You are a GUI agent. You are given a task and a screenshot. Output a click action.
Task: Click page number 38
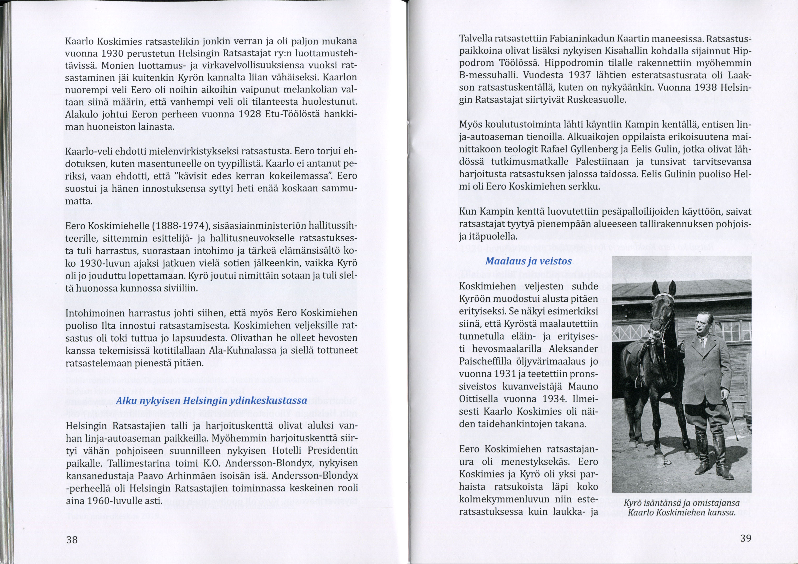click(x=72, y=539)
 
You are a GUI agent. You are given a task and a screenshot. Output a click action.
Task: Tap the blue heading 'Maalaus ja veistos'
click(x=528, y=261)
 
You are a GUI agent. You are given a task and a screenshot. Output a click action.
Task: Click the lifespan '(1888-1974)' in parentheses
click(x=180, y=226)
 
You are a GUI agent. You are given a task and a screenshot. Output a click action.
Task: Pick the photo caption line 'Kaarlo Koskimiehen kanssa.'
click(x=682, y=513)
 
